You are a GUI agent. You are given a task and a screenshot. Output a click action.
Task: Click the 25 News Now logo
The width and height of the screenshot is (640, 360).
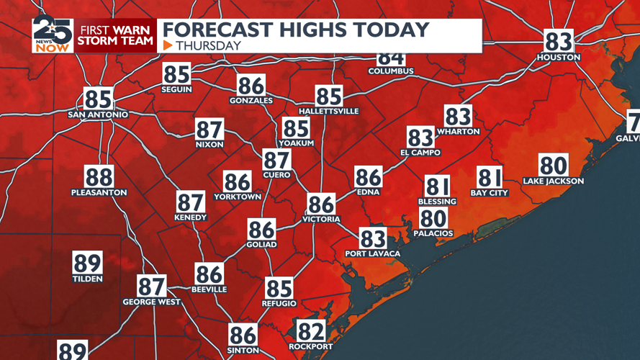pyautogui.click(x=53, y=35)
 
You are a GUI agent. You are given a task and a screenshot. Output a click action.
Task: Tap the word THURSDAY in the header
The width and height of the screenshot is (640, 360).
pyautogui.click(x=208, y=45)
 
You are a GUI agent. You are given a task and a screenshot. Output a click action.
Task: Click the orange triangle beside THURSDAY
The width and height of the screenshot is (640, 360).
pyautogui.click(x=168, y=45)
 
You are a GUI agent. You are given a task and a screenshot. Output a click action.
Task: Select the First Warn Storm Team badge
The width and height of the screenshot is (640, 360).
pyautogui.click(x=116, y=35)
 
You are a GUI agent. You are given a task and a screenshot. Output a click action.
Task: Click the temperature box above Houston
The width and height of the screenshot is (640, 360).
pyautogui.click(x=559, y=41)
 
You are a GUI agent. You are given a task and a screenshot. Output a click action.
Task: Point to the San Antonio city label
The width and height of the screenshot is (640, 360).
pyautogui.click(x=98, y=114)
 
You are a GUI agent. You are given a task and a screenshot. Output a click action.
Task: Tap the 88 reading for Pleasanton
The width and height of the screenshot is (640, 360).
pyautogui.click(x=99, y=176)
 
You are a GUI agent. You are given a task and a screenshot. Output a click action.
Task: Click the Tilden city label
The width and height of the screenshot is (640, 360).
pyautogui.click(x=87, y=279)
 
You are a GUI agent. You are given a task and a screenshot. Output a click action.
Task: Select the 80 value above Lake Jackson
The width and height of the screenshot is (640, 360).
pyautogui.click(x=554, y=166)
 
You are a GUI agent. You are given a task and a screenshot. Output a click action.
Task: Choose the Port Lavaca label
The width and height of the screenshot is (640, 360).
pyautogui.click(x=372, y=253)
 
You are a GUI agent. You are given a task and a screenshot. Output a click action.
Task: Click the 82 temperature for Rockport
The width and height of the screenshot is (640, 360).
pyautogui.click(x=311, y=331)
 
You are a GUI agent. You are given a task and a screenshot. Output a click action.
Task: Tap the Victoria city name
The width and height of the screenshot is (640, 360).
pyautogui.click(x=321, y=219)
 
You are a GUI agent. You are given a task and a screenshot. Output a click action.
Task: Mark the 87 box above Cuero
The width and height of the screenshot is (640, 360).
pyautogui.click(x=276, y=160)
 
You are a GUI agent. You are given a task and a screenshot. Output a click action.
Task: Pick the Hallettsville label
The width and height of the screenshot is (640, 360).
pyautogui.click(x=328, y=112)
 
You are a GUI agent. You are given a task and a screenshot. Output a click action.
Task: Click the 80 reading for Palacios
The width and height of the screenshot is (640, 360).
pyautogui.click(x=433, y=218)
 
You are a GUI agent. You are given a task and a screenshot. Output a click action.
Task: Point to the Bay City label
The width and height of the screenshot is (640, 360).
pyautogui.click(x=490, y=193)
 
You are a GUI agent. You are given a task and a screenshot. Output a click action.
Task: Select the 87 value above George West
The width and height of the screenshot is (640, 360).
pyautogui.click(x=152, y=286)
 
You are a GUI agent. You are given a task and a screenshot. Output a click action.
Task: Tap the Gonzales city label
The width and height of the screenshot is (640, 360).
pyautogui.click(x=251, y=101)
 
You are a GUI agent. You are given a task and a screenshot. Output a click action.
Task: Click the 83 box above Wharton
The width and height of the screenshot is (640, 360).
pyautogui.click(x=458, y=116)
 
